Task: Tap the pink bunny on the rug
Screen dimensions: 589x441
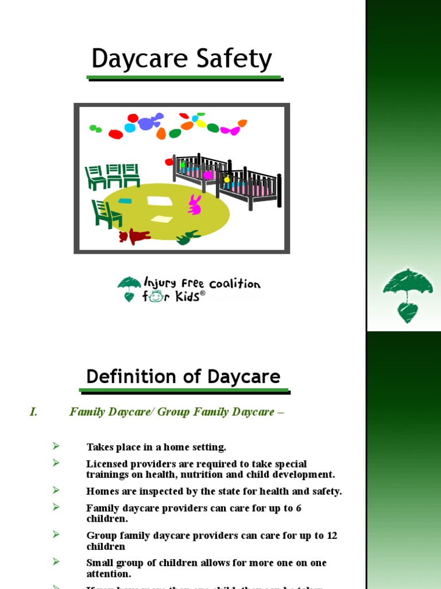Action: pyautogui.click(x=195, y=205)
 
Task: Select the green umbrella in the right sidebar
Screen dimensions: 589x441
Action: pyautogui.click(x=408, y=285)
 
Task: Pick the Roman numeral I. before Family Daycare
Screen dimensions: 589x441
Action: pyautogui.click(x=33, y=412)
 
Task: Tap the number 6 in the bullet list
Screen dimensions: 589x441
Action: pyautogui.click(x=298, y=508)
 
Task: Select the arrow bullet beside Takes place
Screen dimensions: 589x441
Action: pyautogui.click(x=56, y=446)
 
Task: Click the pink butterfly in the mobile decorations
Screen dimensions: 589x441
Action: pyautogui.click(x=230, y=131)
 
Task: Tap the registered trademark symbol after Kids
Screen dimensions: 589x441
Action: pyautogui.click(x=202, y=293)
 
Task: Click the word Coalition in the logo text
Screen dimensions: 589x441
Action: pyautogui.click(x=235, y=284)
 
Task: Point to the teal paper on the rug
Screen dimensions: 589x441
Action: pyautogui.click(x=125, y=201)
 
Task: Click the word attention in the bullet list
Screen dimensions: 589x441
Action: pyautogui.click(x=109, y=574)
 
